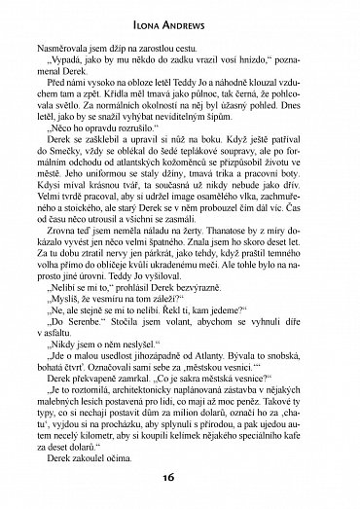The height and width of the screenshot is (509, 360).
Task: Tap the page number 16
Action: click(179, 490)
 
